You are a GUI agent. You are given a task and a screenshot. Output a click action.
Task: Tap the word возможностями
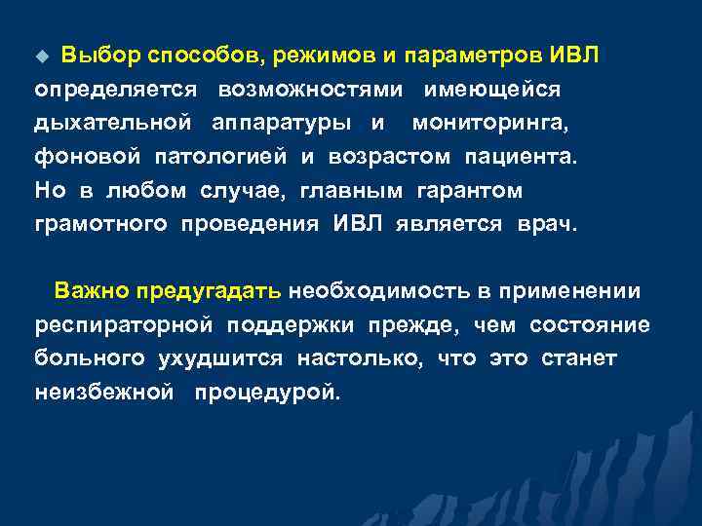click(x=311, y=90)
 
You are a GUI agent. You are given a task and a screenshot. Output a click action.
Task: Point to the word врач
click(x=548, y=223)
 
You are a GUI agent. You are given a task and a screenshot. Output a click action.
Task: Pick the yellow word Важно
click(x=93, y=290)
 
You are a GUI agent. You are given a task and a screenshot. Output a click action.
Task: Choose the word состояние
click(x=589, y=324)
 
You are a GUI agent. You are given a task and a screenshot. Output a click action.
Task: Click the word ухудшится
click(x=220, y=357)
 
